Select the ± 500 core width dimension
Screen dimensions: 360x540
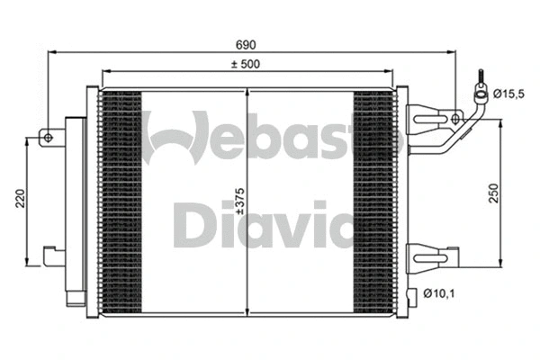click(x=247, y=64)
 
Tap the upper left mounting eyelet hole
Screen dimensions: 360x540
click(x=48, y=138)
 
